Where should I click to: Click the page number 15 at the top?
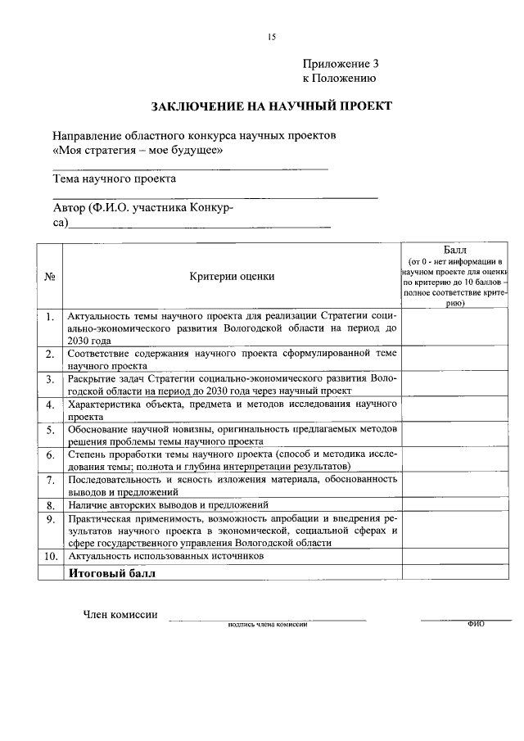pyautogui.click(x=272, y=37)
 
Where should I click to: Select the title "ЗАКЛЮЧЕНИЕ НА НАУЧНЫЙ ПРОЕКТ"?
pyautogui.click(x=271, y=106)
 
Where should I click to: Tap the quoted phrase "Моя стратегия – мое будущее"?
pyautogui.click(x=138, y=151)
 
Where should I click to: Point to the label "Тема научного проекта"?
pyautogui.click(x=114, y=178)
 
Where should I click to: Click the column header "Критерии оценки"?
pyautogui.click(x=232, y=277)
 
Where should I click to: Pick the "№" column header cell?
pyautogui.click(x=50, y=277)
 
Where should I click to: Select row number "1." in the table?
pyautogui.click(x=50, y=316)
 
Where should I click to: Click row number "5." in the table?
pyautogui.click(x=50, y=429)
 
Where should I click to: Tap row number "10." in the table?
pyautogui.click(x=50, y=556)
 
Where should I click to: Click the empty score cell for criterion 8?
pyautogui.click(x=456, y=505)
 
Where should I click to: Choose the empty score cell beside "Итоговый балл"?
pyautogui.click(x=456, y=572)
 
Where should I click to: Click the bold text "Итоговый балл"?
pyautogui.click(x=112, y=573)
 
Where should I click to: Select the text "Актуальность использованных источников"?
pyautogui.click(x=166, y=556)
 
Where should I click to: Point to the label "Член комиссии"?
pyautogui.click(x=120, y=615)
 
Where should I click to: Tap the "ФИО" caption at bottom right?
pyautogui.click(x=476, y=623)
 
